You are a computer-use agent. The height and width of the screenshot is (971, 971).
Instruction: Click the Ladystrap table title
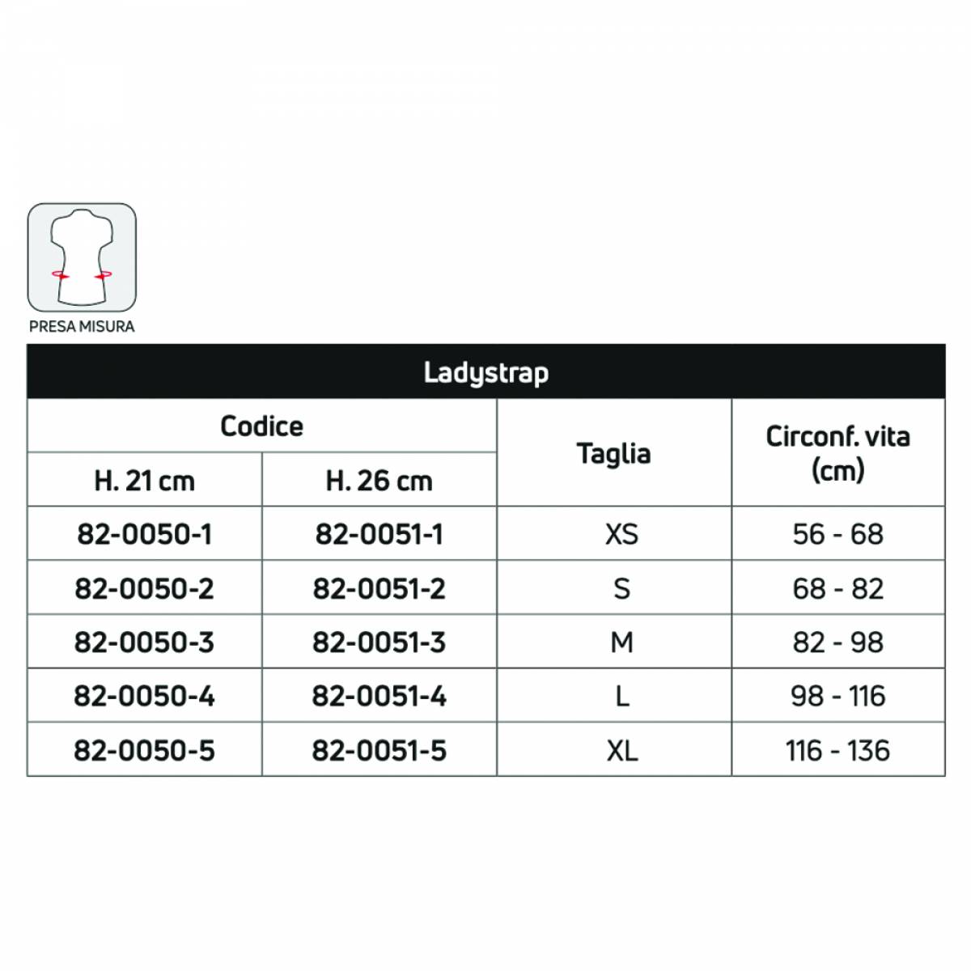(485, 372)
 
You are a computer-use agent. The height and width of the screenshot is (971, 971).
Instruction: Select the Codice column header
(261, 426)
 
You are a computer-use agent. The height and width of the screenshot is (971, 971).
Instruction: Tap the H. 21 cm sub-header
(144, 481)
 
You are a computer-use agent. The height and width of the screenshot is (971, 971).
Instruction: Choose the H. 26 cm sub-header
(379, 481)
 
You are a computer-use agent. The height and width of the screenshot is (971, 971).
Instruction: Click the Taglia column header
(613, 454)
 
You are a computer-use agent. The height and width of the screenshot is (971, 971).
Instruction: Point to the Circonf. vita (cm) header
(837, 453)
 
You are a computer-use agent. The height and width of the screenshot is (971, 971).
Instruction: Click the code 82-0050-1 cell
(144, 535)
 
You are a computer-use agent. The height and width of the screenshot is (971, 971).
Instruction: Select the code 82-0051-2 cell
(379, 588)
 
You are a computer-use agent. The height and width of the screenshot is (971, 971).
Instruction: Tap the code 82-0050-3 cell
(144, 642)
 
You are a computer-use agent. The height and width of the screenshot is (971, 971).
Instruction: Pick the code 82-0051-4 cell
(379, 696)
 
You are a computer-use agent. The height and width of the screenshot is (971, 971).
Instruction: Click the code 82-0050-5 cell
(144, 750)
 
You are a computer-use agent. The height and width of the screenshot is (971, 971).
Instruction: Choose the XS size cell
(621, 535)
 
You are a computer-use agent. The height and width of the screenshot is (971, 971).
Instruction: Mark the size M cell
(621, 642)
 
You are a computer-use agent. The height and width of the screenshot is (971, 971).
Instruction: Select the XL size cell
(621, 750)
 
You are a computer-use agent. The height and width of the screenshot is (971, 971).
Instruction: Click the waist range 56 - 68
(837, 535)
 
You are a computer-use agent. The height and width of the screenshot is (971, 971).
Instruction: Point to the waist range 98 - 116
(837, 696)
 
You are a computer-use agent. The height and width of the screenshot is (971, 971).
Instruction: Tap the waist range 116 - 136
(837, 750)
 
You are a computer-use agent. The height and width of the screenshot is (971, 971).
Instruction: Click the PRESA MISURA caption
(82, 327)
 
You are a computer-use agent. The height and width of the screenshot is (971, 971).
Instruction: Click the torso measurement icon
(82, 257)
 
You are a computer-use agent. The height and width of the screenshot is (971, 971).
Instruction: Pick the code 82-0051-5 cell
(379, 750)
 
